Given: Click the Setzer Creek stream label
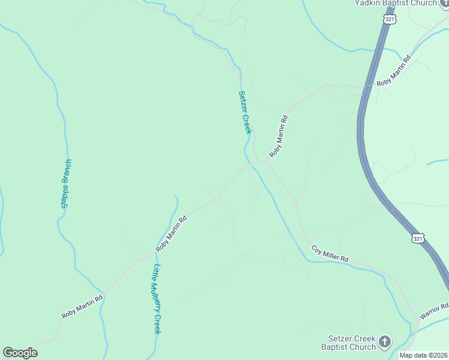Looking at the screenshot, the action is (245, 112).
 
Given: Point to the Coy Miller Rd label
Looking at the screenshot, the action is (330, 253).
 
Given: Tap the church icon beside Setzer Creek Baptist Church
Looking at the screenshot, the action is (385, 342).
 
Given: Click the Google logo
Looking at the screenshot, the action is (20, 353).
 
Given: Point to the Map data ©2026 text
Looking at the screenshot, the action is (423, 355).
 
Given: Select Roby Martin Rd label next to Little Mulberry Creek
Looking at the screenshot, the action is (172, 234).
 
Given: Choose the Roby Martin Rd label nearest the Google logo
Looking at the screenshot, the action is (82, 305).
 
